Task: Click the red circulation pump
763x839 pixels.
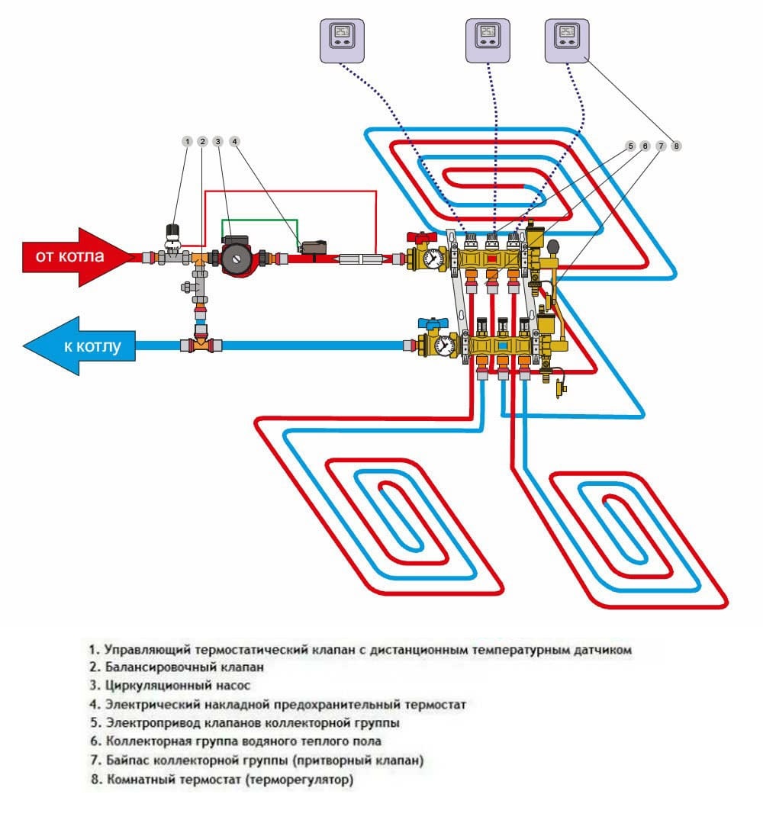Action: (x=237, y=256)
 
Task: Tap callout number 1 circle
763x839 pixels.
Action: (x=187, y=142)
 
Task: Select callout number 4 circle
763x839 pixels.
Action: (x=235, y=142)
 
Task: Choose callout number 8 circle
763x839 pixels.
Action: (x=676, y=145)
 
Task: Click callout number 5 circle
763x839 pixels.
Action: (x=630, y=145)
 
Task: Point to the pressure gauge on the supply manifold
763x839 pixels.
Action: (x=435, y=258)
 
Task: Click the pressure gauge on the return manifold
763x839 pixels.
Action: (x=440, y=346)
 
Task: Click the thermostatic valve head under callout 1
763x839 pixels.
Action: (x=173, y=230)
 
